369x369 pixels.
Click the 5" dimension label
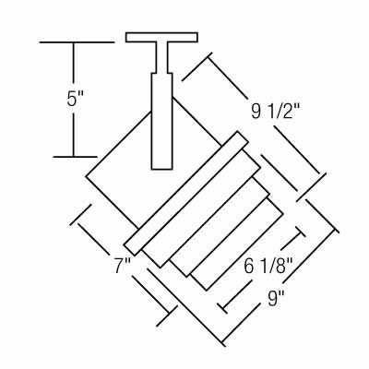click(75, 99)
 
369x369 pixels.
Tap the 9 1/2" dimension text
click(275, 111)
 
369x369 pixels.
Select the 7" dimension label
click(123, 266)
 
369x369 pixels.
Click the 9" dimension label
click(276, 298)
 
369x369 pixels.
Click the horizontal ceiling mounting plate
click(161, 37)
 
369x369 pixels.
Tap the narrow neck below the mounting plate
click(161, 57)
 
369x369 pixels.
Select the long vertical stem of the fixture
click(161, 121)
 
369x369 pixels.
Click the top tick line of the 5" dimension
click(77, 42)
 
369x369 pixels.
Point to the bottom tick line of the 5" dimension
click(75, 157)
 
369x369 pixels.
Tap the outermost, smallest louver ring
click(236, 244)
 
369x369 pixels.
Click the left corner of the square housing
click(86, 176)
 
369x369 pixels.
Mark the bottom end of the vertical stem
click(161, 169)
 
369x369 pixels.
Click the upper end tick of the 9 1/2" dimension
click(196, 66)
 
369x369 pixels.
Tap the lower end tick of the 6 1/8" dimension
click(222, 306)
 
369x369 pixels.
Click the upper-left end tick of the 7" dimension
click(81, 214)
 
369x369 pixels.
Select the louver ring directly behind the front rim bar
click(201, 209)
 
